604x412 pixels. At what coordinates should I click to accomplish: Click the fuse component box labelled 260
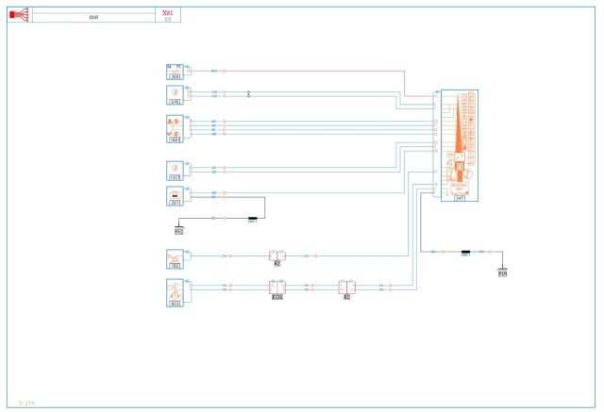(x=175, y=70)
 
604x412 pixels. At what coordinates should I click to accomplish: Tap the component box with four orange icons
(x=175, y=128)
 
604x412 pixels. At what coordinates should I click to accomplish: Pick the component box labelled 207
(x=175, y=195)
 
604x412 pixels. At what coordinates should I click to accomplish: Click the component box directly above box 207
(x=175, y=170)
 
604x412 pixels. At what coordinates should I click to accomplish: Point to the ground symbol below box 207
(x=179, y=228)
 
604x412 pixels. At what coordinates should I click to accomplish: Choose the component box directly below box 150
(x=175, y=291)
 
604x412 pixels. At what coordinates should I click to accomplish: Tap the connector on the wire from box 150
(x=277, y=255)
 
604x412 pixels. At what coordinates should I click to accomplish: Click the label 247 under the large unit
(x=460, y=198)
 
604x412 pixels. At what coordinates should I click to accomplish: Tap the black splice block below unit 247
(x=465, y=252)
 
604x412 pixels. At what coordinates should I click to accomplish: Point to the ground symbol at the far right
(x=502, y=273)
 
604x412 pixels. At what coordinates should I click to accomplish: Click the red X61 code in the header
(x=167, y=12)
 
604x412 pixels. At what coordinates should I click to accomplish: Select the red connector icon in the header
(x=19, y=15)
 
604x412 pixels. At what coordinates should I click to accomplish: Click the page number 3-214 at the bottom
(x=26, y=403)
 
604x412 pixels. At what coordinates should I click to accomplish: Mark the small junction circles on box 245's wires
(x=248, y=94)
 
